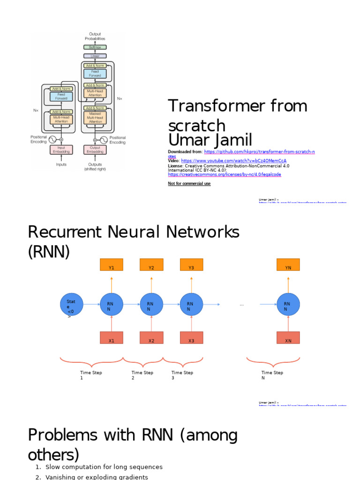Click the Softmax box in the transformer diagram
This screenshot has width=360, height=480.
coord(95,47)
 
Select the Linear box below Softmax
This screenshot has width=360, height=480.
coord(95,56)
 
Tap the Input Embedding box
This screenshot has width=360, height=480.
coord(61,150)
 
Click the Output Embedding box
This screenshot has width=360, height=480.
coord(95,150)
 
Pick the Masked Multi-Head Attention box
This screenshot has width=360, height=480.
coord(95,117)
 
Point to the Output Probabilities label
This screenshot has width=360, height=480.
coord(95,36)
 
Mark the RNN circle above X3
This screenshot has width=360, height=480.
coord(191,305)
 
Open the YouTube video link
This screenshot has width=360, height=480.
coord(233,161)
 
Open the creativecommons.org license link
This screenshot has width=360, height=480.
coord(225,174)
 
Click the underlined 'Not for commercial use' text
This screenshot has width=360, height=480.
coord(189,184)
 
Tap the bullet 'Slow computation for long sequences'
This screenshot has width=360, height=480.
coord(104,467)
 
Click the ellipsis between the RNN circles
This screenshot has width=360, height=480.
coord(242,305)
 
